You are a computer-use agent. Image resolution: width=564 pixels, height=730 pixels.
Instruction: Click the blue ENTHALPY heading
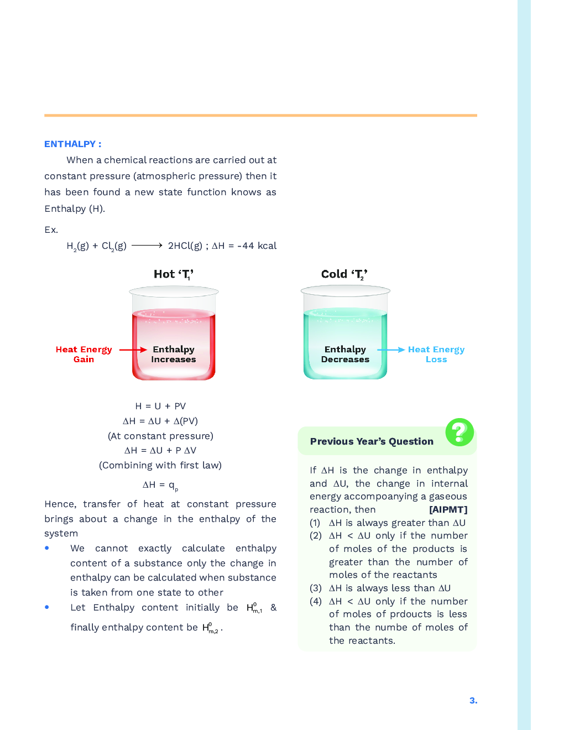click(72, 144)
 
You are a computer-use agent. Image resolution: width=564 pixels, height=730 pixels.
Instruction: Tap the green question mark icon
click(459, 432)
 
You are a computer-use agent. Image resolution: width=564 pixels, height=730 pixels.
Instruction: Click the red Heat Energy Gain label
click(83, 354)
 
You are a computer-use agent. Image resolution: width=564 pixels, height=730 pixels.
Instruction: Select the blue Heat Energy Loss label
click(436, 354)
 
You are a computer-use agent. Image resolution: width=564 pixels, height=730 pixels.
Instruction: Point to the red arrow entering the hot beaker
click(133, 350)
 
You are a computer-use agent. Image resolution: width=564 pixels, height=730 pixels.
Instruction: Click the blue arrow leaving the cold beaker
click(391, 350)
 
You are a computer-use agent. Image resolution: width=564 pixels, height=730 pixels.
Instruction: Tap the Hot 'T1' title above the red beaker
click(173, 274)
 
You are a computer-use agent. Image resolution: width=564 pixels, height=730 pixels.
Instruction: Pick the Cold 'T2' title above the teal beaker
click(344, 274)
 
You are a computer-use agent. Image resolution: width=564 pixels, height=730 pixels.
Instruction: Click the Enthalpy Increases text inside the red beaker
click(174, 354)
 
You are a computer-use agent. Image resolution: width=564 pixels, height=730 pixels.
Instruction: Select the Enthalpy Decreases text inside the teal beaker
click(345, 354)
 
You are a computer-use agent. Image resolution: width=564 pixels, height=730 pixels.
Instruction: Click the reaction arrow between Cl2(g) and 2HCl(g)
click(147, 245)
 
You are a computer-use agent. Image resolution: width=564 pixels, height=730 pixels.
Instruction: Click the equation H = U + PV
click(160, 406)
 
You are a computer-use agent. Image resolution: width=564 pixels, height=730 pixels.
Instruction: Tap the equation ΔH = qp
click(160, 485)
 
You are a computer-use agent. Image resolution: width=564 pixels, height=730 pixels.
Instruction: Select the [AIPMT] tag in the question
click(448, 509)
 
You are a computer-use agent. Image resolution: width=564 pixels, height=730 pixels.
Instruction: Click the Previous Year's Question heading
click(372, 441)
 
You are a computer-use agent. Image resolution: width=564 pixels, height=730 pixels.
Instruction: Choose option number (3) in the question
click(315, 588)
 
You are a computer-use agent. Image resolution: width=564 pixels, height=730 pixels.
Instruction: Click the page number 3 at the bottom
click(473, 700)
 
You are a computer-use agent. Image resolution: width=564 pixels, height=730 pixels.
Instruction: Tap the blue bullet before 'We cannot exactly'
click(47, 548)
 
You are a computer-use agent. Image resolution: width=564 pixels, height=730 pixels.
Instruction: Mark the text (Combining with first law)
click(160, 465)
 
